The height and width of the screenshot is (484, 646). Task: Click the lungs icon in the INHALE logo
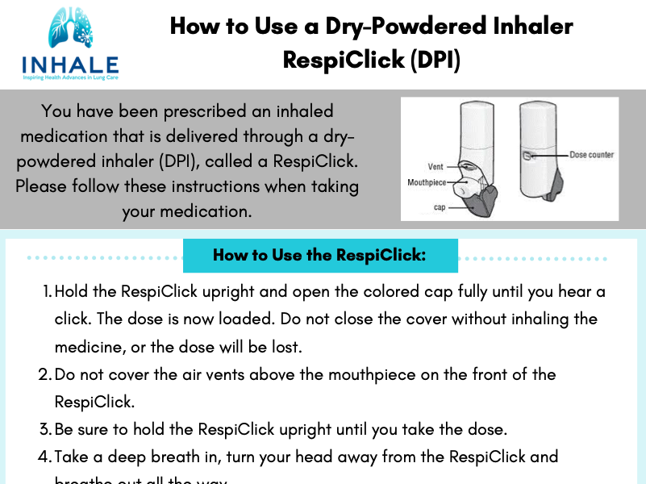(70, 31)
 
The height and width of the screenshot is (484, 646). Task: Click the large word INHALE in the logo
(70, 65)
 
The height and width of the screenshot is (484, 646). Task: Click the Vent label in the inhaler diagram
(436, 167)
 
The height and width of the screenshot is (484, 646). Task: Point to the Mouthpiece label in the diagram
(427, 183)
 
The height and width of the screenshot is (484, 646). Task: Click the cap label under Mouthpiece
(440, 207)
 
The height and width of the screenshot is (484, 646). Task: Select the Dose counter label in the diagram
(591, 155)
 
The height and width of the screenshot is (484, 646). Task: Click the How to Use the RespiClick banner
(319, 256)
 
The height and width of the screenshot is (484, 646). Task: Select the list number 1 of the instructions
(46, 291)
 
